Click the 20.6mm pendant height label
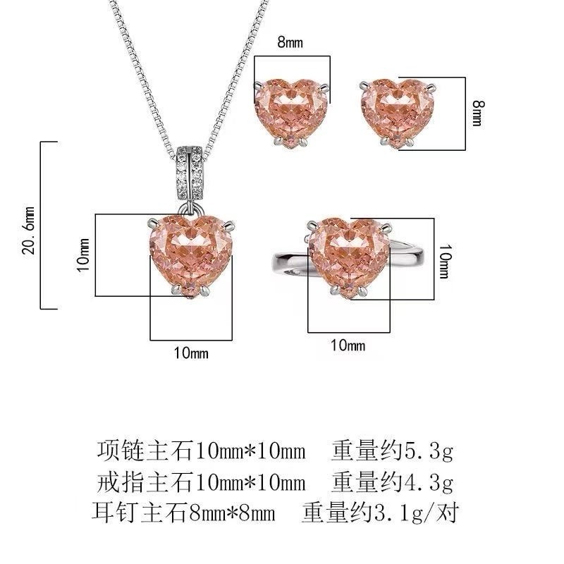click(28, 231)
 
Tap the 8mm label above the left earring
click(290, 42)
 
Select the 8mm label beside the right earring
click(478, 114)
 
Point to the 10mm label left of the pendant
click(83, 255)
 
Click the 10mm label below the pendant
click(191, 353)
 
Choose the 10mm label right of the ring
click(444, 261)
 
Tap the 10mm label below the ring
click(348, 345)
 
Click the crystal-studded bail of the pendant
click(190, 174)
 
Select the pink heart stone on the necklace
click(190, 256)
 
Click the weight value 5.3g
click(428, 451)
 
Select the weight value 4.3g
click(428, 482)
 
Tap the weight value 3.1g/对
click(416, 513)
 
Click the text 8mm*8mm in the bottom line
click(232, 513)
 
